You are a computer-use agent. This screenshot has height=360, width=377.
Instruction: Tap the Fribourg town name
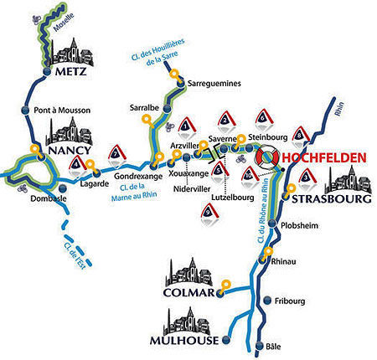coord(292,301)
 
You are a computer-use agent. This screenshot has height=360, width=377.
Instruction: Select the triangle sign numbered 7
coord(115,155)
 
